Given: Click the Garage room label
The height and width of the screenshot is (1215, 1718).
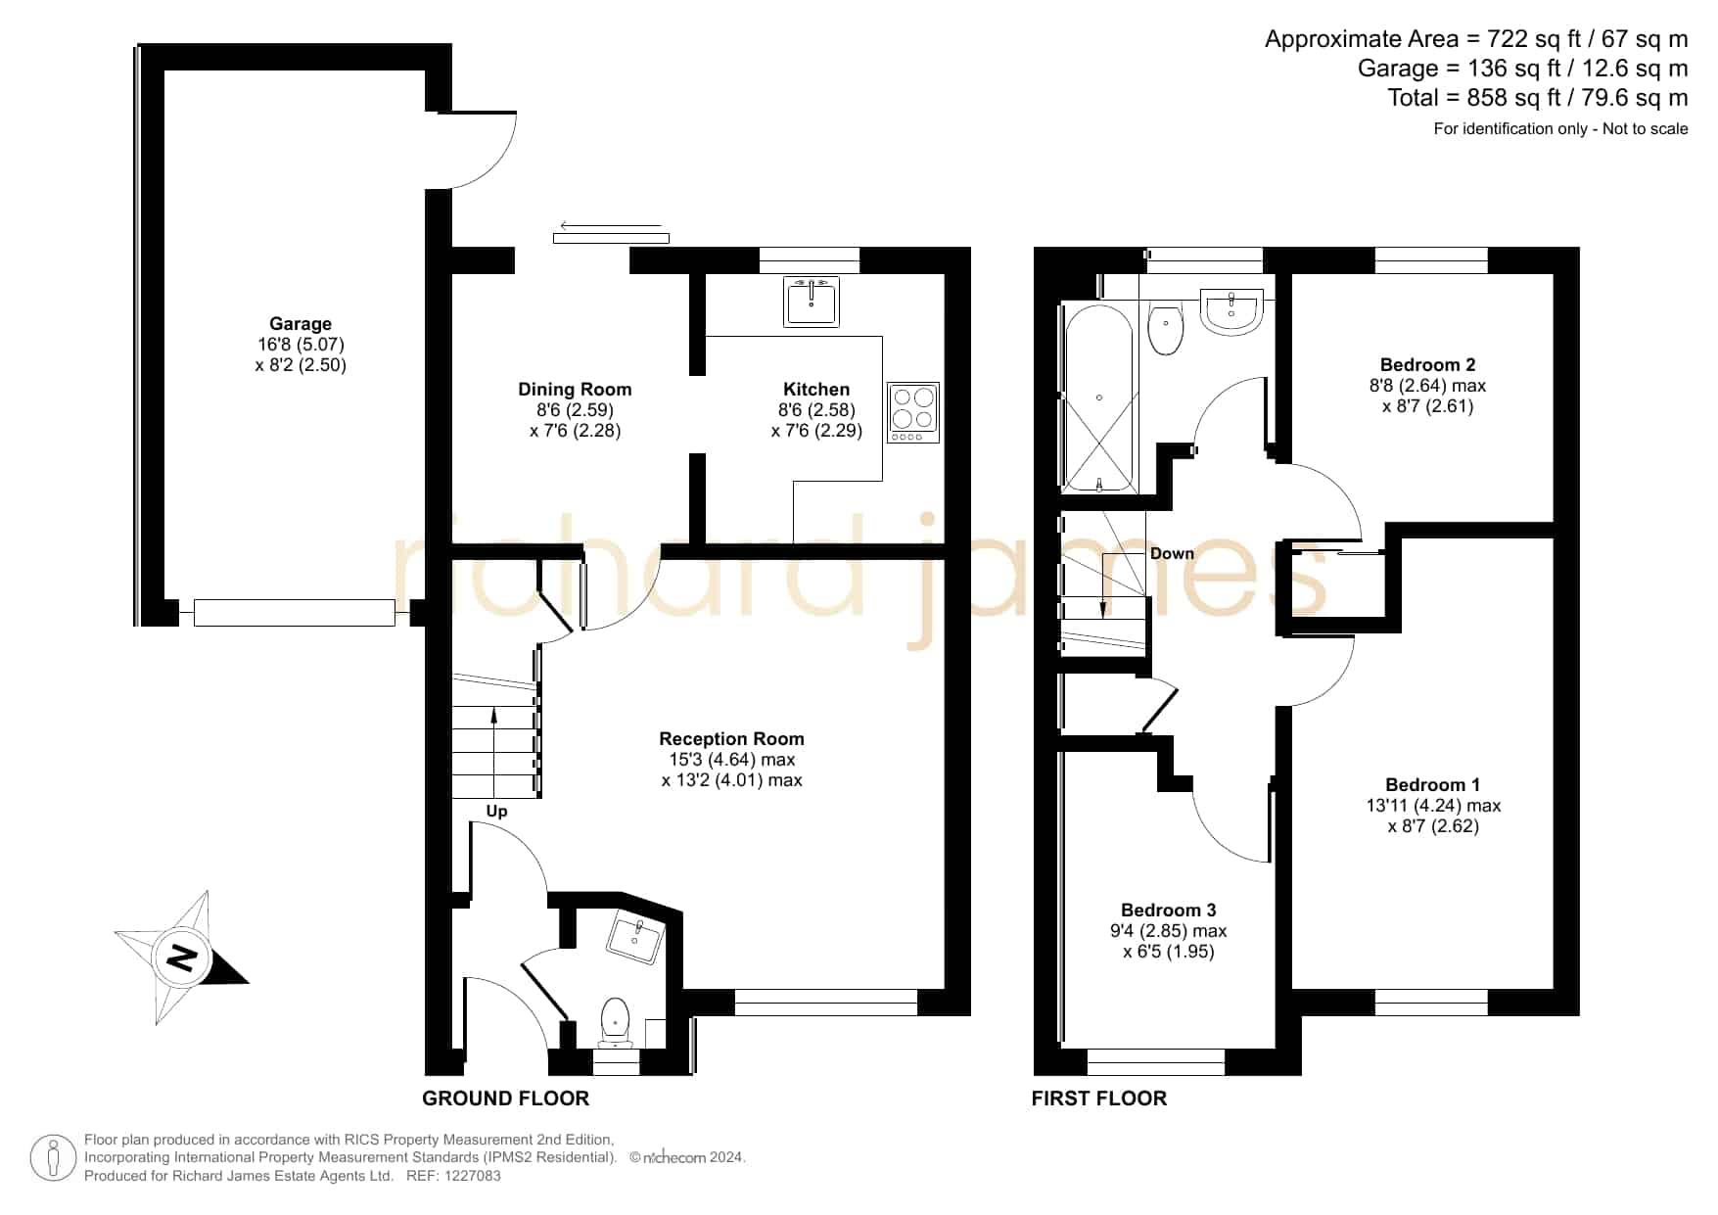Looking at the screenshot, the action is [x=301, y=324].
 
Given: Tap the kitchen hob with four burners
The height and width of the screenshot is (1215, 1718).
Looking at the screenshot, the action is [x=913, y=412].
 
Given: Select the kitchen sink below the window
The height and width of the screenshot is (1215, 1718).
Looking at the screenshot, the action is [x=812, y=301].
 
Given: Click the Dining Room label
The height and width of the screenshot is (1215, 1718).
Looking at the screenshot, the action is [x=575, y=390].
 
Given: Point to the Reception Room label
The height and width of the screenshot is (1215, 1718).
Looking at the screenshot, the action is [x=731, y=739].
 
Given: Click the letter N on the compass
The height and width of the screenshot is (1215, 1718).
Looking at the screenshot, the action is [x=182, y=957].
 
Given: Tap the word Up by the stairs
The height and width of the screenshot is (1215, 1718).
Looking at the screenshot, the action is [x=496, y=811].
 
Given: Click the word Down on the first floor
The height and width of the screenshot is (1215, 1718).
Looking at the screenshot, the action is [x=1172, y=553].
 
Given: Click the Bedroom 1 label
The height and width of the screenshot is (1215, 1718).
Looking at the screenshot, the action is [x=1432, y=785].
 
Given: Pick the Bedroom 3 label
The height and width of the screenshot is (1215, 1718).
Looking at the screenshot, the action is [x=1168, y=911].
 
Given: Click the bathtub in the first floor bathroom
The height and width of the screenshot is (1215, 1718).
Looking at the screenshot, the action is [x=1099, y=397].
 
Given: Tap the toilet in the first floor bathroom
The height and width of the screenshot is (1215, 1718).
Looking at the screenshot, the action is [x=1166, y=329].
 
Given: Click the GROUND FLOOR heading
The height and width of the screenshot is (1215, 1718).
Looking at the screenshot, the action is [x=505, y=1098].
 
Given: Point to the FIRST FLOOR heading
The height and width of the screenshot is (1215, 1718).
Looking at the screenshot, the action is [x=1099, y=1098].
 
